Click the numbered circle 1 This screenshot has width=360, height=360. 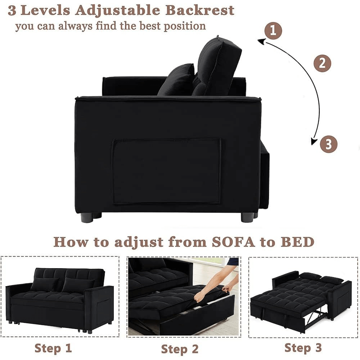273,31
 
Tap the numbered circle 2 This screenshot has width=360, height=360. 322,63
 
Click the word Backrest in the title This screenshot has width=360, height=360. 200,10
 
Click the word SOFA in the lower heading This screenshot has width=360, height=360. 233,242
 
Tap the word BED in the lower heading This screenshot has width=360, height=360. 298,242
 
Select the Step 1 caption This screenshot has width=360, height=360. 53,348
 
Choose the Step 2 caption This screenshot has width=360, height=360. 180,349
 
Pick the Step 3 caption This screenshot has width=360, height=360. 303,347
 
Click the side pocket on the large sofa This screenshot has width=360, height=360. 166,171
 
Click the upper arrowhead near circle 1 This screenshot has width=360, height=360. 262,41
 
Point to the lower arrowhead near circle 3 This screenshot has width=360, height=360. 314,141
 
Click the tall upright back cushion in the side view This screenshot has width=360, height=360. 216,67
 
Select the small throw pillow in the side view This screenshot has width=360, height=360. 177,80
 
